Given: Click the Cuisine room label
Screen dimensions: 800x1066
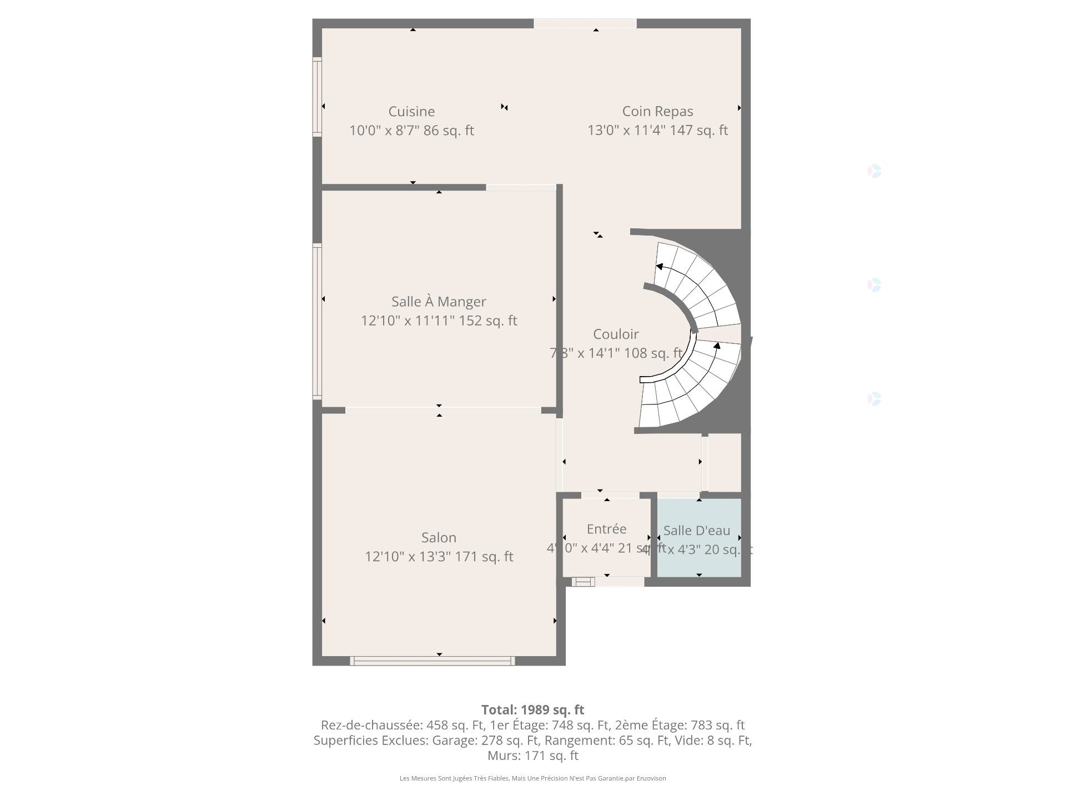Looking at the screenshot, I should (411, 112).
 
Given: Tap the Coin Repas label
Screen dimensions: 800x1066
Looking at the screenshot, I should (657, 112).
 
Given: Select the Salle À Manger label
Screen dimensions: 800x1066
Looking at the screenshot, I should (439, 302).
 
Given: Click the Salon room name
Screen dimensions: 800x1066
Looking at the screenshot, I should (439, 538).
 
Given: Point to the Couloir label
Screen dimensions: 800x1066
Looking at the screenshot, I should (616, 334).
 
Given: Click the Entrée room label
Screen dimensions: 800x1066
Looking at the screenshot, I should (606, 529).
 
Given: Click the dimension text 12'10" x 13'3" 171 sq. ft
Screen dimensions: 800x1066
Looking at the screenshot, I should (439, 557).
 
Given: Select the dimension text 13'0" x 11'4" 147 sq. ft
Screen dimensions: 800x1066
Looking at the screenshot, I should (657, 131).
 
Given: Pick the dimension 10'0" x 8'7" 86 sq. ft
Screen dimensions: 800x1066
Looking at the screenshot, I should (411, 131).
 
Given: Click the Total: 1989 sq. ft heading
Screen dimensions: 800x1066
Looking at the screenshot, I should (532, 710).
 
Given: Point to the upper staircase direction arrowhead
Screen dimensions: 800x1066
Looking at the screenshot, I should (659, 267).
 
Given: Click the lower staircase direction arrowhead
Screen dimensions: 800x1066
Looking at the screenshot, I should (717, 346).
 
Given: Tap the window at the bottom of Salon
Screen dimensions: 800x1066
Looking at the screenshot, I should (432, 661).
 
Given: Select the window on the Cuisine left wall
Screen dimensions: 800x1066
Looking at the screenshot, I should (317, 97).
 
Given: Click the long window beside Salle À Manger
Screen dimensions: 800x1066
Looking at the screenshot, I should (317, 321).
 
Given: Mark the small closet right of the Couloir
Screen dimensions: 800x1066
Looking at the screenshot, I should (725, 462).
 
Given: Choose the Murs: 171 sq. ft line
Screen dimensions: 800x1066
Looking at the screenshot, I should (532, 756).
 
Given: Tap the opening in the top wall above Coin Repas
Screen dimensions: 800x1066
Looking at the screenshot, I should (585, 23).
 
